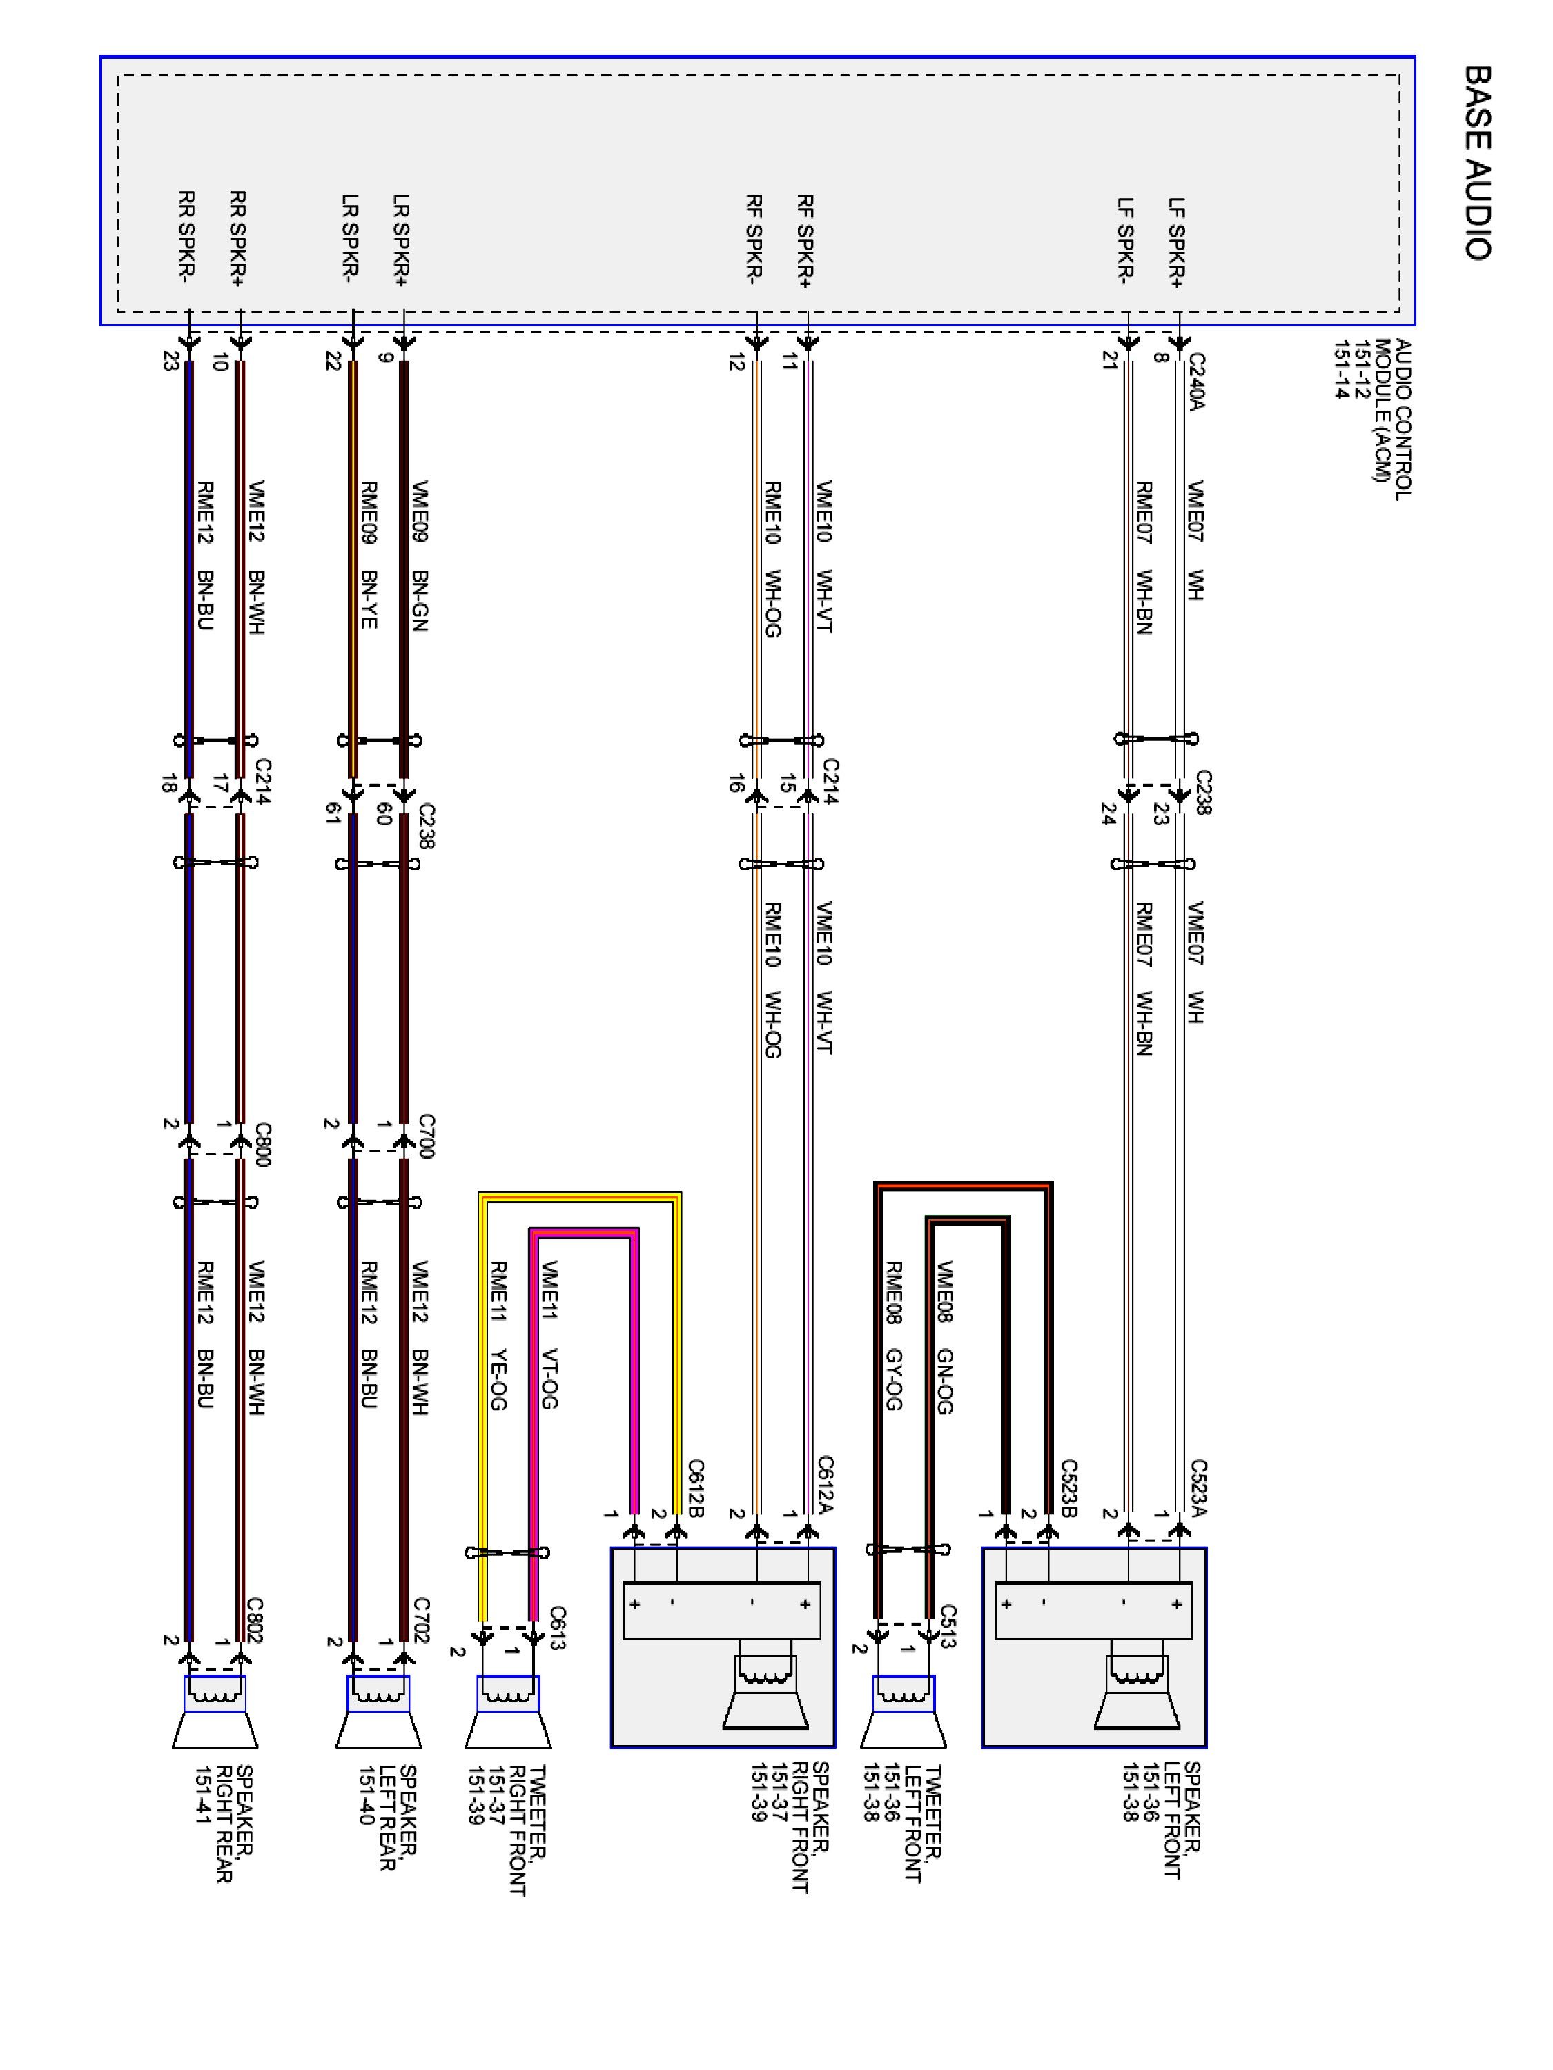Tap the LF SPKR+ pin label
[x=1175, y=241]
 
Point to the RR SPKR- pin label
[x=186, y=236]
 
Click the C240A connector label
[x=1196, y=381]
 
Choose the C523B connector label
[x=1068, y=1488]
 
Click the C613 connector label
[x=558, y=1628]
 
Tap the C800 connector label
[x=263, y=1143]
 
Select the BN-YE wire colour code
[x=369, y=599]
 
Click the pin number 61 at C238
[x=331, y=814]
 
